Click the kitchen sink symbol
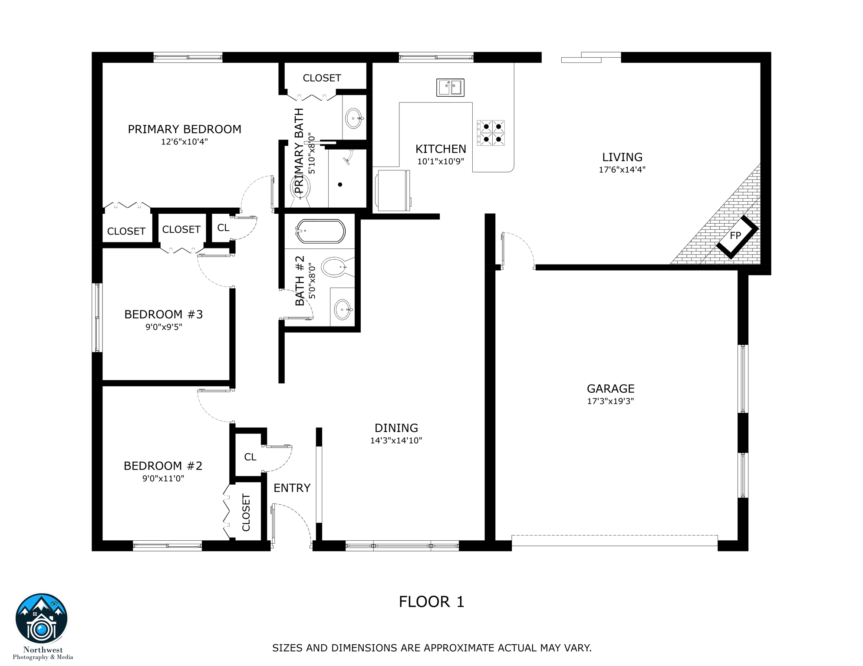click(450, 88)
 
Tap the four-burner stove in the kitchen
click(491, 133)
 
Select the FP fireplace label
click(735, 236)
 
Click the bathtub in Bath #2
click(320, 231)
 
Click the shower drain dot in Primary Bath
click(340, 185)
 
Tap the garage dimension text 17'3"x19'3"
click(610, 401)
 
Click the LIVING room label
click(622, 157)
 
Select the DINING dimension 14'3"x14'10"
click(396, 441)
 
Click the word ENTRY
click(292, 488)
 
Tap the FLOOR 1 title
click(431, 602)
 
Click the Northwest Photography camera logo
click(42, 619)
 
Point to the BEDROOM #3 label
click(164, 314)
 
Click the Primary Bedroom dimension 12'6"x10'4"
click(184, 142)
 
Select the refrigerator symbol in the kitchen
click(393, 191)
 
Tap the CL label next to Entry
click(250, 457)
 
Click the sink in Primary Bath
click(354, 118)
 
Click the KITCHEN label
click(441, 149)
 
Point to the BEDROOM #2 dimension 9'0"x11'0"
click(163, 479)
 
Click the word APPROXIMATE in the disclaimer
click(459, 648)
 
